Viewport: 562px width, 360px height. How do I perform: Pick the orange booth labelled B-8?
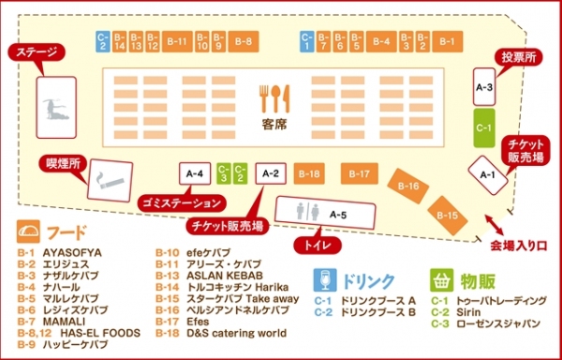click(x=244, y=40)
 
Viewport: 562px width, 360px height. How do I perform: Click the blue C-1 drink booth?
click(x=305, y=40)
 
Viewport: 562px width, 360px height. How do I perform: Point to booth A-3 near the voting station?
click(x=484, y=87)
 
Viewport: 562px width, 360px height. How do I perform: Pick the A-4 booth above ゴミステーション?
click(x=194, y=173)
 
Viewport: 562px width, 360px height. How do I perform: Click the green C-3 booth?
click(x=223, y=172)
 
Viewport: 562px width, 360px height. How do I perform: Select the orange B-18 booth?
click(x=309, y=173)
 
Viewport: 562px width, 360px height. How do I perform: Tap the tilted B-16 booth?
click(x=408, y=187)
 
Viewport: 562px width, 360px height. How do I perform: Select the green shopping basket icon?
click(x=440, y=279)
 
